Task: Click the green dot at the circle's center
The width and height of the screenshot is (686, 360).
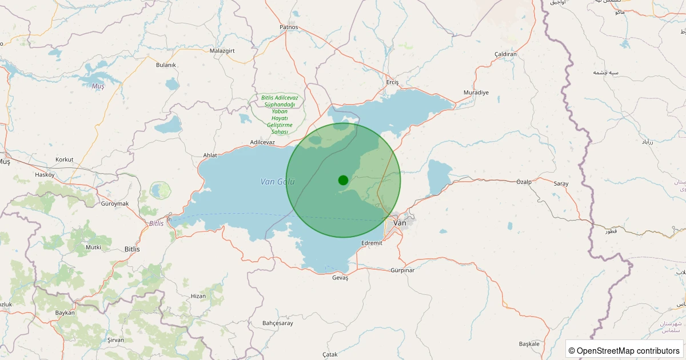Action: point(343,180)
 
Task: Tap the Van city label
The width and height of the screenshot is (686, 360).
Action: point(400,223)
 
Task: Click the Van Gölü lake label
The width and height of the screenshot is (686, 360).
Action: point(277,182)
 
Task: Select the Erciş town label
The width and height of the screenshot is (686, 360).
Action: point(392,82)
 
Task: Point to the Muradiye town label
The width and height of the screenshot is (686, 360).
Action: point(476,93)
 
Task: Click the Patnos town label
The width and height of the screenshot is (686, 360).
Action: point(289,27)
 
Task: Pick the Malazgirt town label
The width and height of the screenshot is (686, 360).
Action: point(222,51)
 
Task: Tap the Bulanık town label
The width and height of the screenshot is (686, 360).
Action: point(166,65)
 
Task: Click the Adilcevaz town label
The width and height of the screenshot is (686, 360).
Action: point(262,142)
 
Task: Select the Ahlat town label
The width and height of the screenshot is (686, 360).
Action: point(210,155)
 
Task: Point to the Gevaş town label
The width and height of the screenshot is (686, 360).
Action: point(340,278)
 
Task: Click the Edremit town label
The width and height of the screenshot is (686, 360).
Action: point(372,243)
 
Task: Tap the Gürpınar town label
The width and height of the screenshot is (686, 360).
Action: point(402,270)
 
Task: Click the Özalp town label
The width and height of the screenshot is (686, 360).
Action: point(524,182)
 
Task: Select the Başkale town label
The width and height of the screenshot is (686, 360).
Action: point(529,344)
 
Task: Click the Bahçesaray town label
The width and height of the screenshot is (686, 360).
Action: point(277,323)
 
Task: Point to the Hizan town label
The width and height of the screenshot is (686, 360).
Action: point(198,296)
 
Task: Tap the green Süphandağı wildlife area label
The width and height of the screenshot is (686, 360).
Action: point(278,115)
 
